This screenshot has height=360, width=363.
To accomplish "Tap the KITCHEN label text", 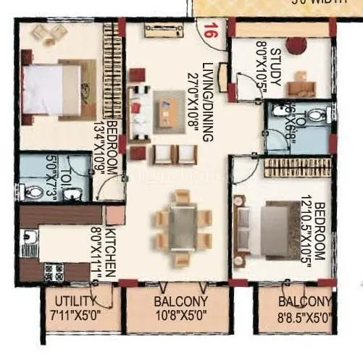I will (x=111, y=252).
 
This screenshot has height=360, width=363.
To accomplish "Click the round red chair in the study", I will (x=296, y=45).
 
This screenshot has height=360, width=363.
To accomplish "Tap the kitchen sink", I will (x=28, y=240).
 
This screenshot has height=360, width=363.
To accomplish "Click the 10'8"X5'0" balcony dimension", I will (x=180, y=316).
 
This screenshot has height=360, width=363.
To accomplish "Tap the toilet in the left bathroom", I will (x=32, y=192).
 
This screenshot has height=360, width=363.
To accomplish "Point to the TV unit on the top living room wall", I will (x=163, y=30).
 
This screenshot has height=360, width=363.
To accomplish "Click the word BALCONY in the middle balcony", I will (x=181, y=301).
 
